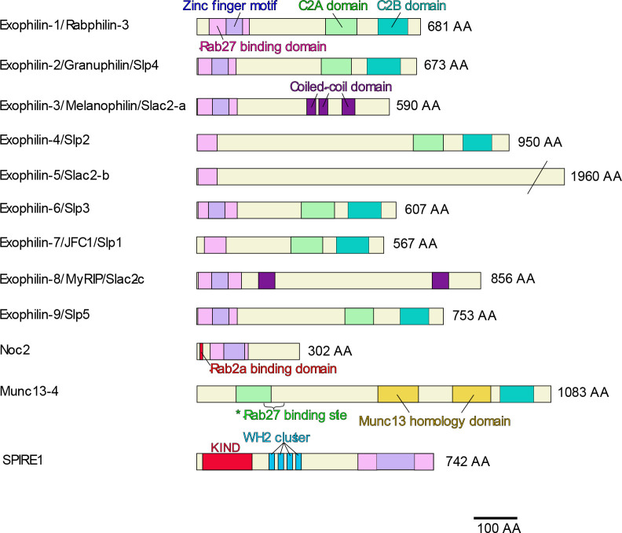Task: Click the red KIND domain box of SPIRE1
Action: click(227, 461)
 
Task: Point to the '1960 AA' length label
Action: click(594, 177)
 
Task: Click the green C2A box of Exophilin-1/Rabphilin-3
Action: click(342, 25)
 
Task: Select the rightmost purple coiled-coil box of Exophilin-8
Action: click(441, 281)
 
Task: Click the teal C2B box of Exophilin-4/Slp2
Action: click(477, 142)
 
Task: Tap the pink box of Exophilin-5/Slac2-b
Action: click(207, 176)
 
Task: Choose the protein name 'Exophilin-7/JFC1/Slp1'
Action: click(72, 244)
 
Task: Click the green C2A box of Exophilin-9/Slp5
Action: click(359, 316)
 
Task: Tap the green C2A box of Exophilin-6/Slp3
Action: click(317, 210)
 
